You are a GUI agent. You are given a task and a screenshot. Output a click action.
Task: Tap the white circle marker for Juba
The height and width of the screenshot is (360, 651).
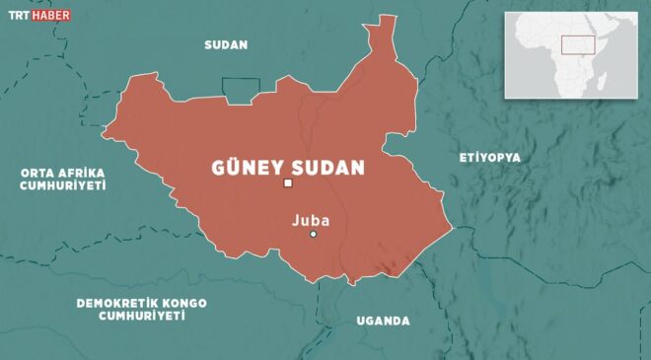pyautogui.click(x=313, y=234)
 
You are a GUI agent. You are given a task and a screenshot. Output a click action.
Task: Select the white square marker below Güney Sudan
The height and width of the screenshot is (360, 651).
pyautogui.click(x=288, y=183)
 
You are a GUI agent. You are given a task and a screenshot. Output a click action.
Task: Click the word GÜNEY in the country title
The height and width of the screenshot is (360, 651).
pyautogui.click(x=248, y=167)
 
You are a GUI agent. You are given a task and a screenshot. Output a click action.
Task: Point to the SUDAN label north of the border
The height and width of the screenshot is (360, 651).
pyautogui.click(x=225, y=44)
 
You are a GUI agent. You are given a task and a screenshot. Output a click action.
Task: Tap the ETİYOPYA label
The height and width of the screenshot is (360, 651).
pyautogui.click(x=489, y=158)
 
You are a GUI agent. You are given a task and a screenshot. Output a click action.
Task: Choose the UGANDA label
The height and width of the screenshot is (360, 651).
pyautogui.click(x=382, y=321)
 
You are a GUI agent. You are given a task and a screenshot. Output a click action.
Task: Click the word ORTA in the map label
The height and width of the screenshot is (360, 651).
pyautogui.click(x=36, y=172)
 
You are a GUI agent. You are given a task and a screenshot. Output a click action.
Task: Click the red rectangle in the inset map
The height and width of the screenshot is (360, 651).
pyautogui.click(x=577, y=44)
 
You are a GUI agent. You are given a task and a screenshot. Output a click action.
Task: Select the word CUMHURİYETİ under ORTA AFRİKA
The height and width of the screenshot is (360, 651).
pyautogui.click(x=63, y=184)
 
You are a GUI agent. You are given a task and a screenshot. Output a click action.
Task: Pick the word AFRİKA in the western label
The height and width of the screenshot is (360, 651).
pyautogui.click(x=80, y=172)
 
